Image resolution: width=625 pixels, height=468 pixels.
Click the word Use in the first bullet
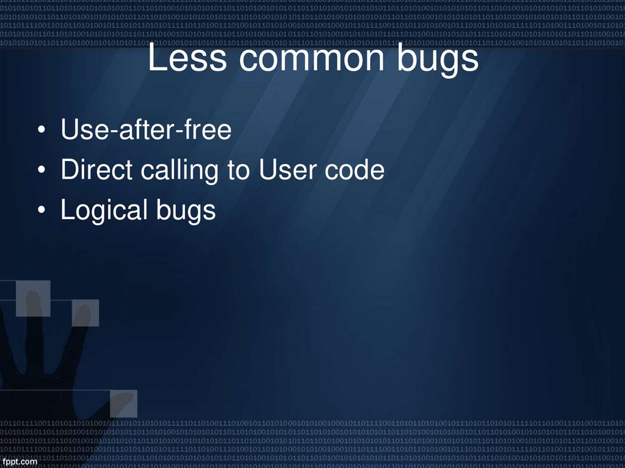point(81,131)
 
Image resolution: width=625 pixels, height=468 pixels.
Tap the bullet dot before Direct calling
point(41,171)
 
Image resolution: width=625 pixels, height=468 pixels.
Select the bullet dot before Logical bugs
point(41,211)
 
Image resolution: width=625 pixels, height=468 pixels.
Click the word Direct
point(96,170)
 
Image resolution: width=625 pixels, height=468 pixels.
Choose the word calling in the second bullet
point(181,171)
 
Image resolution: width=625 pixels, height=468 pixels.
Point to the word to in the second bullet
point(239,170)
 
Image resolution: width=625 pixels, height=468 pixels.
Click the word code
point(355,170)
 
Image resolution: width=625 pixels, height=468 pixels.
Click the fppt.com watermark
point(19,461)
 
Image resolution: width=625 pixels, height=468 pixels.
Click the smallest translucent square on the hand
point(85,313)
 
